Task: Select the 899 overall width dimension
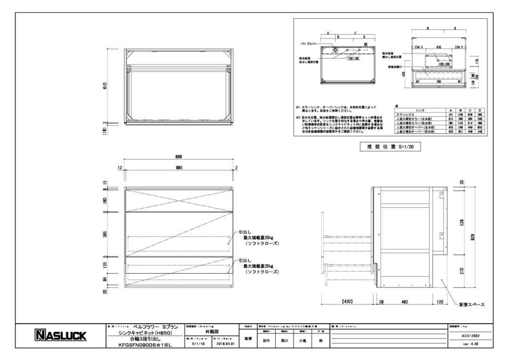tap(179, 156)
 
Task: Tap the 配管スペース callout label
tap(472, 305)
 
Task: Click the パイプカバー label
tap(309, 43)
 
